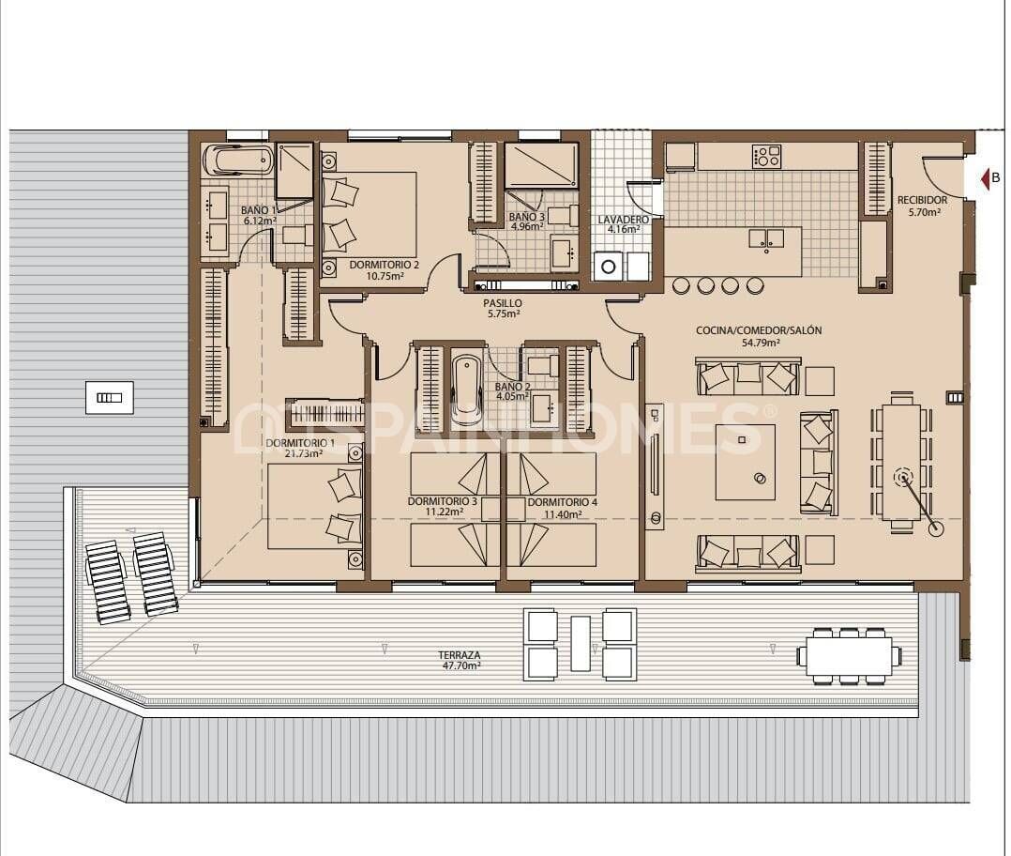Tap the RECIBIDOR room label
pos(922,206)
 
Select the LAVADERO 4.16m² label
pos(619,223)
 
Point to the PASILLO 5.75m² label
pos(503,309)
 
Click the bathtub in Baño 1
pos(238,160)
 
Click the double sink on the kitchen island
pos(766,237)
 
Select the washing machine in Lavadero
pos(609,266)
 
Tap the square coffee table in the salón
pos(746,462)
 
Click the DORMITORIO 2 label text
pos(384,270)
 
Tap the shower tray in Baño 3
pos(541,165)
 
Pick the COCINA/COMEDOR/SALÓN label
pos(759,336)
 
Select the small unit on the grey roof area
pos(109,397)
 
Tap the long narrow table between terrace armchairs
pos(581,643)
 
